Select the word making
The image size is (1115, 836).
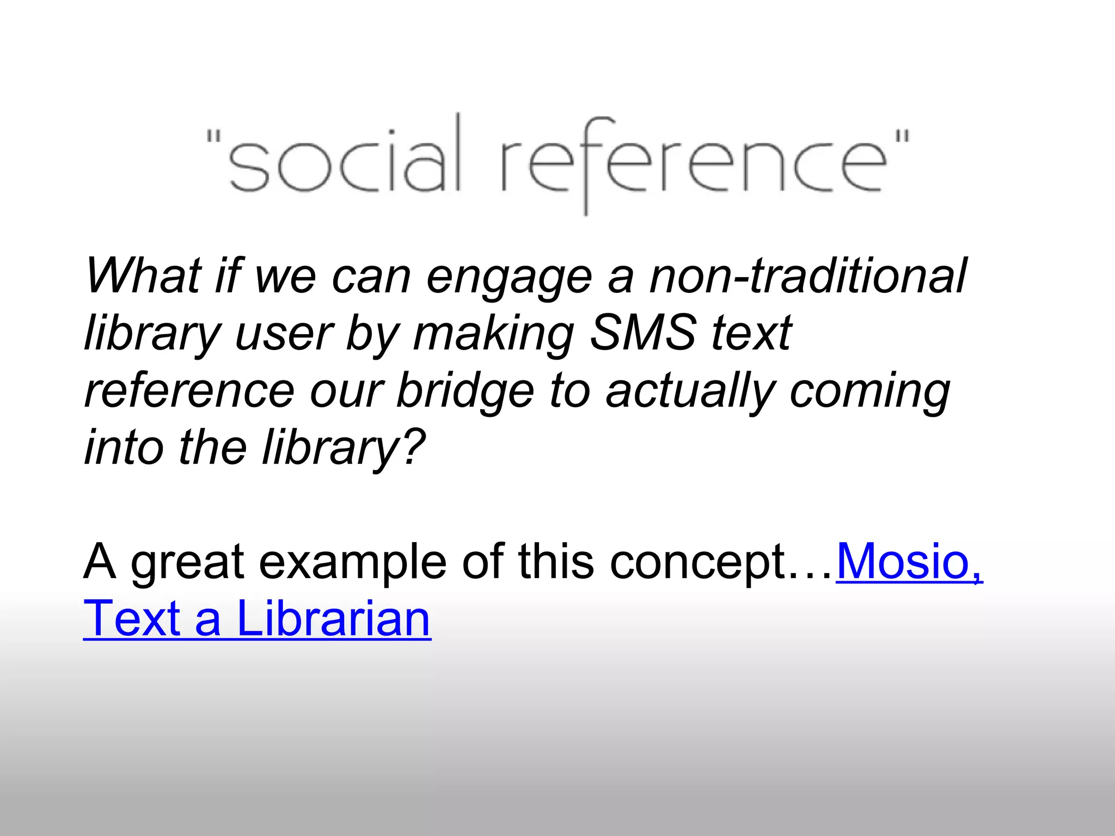pyautogui.click(x=493, y=335)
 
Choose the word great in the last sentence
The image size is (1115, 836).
pyautogui.click(x=187, y=563)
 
